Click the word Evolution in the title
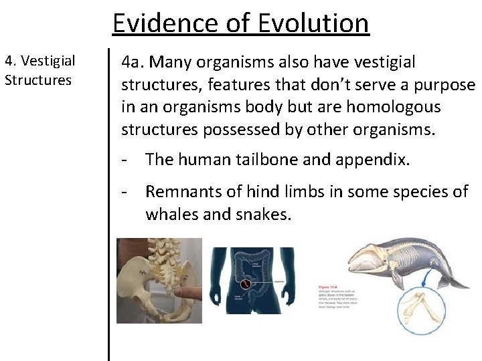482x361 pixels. point(313,23)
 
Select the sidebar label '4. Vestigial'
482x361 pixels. point(39,62)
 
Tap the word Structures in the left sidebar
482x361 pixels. point(37,80)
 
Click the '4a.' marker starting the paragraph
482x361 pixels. point(133,62)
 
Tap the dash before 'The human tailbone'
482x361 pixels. point(125,160)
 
